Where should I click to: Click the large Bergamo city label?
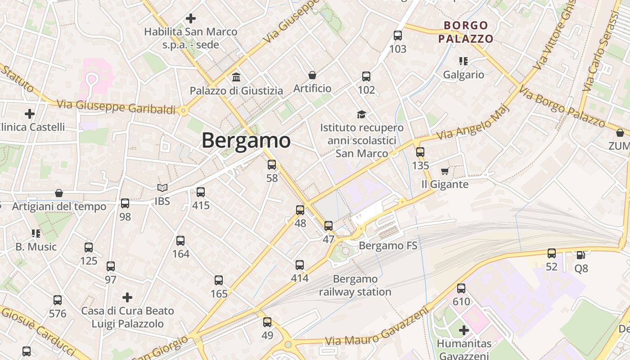[246, 140]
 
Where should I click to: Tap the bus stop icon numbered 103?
[398, 35]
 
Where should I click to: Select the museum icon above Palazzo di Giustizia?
[236, 77]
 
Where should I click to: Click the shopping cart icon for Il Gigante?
[445, 171]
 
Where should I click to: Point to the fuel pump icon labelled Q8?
[581, 255]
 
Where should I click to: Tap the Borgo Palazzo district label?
[466, 32]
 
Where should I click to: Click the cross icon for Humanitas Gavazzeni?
[464, 330]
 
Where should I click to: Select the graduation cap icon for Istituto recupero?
[361, 114]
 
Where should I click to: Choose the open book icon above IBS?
[162, 188]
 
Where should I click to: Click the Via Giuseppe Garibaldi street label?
[116, 107]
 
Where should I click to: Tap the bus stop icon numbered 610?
[461, 288]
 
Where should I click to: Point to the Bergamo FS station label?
[388, 246]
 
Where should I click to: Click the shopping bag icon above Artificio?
[312, 75]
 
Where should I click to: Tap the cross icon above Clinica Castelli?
[30, 113]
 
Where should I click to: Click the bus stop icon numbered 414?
[300, 265]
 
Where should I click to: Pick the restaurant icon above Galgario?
[463, 61]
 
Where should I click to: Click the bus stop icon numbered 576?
[58, 300]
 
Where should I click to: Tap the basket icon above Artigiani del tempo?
[59, 193]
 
